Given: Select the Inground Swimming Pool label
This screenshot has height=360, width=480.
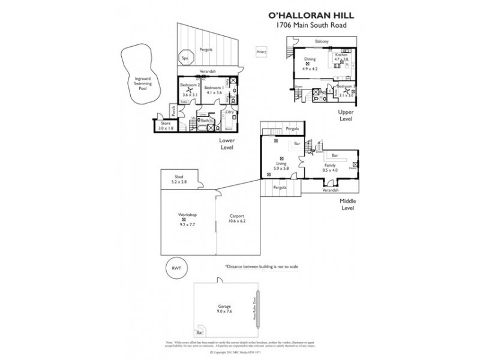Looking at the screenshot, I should (142, 82).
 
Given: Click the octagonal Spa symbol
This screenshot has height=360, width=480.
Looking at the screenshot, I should (185, 59).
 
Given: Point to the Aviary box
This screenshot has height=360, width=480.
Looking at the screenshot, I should (260, 52).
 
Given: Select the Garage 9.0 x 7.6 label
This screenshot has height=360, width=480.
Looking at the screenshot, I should (223, 308).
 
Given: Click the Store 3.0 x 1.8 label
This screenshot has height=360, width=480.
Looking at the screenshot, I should (165, 125).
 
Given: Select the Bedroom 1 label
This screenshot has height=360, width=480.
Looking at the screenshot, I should (214, 90).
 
